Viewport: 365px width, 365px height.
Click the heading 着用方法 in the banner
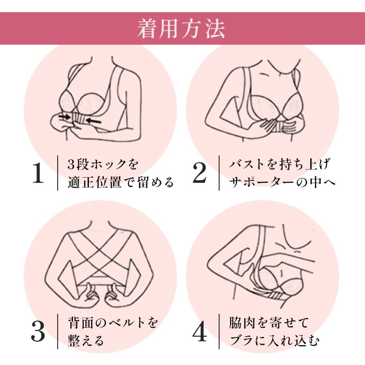[x=181, y=29]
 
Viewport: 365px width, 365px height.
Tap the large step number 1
[x=38, y=173]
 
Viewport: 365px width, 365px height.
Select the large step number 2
[x=200, y=173]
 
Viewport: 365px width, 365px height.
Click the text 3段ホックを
[x=103, y=164]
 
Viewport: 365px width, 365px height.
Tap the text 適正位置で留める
[x=121, y=182]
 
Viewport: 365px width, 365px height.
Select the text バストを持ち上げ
[x=279, y=164]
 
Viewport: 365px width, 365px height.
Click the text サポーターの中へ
[x=282, y=182]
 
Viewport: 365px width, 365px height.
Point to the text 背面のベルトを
[x=113, y=323]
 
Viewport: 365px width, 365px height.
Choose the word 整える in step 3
[x=86, y=341]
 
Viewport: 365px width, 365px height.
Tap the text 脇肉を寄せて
[x=269, y=323]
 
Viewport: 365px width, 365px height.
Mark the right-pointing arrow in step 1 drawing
[x=65, y=116]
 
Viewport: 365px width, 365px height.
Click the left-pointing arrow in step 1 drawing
[x=94, y=120]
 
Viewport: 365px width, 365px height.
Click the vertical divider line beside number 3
[x=58, y=331]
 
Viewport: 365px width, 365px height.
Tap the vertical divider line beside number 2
[x=219, y=173]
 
